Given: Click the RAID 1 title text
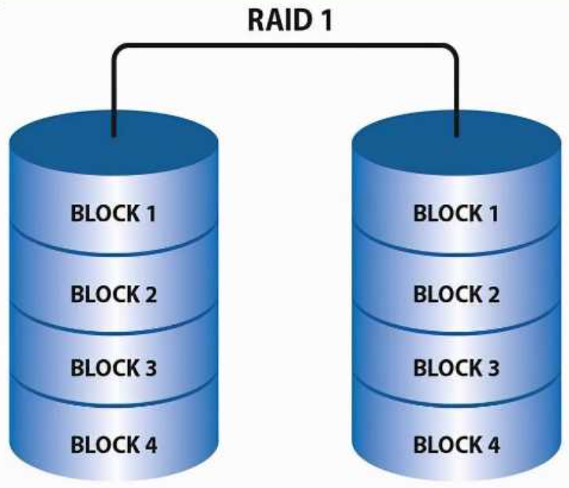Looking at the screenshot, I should tap(286, 19).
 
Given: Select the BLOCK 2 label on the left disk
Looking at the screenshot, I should tap(114, 295).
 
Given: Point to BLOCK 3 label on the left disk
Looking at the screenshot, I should tap(114, 367).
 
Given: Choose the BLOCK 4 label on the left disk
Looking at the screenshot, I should tap(114, 445).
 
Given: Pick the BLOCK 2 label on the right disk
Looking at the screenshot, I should tap(457, 295).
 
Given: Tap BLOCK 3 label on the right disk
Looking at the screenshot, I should tap(457, 367).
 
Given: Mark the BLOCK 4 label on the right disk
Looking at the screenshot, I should tap(457, 445).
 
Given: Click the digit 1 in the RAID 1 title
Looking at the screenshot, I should tap(324, 19).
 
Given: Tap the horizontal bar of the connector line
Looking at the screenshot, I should tap(286, 47).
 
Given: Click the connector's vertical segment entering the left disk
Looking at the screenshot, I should tap(114, 95).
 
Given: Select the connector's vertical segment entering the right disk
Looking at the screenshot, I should tap(458, 95).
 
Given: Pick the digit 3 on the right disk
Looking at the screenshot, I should tap(493, 367).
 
